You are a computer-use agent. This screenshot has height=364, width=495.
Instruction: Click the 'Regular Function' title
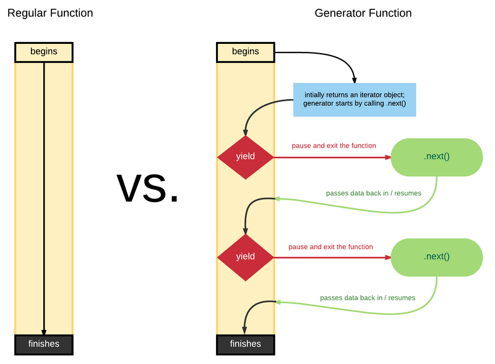pos(50,13)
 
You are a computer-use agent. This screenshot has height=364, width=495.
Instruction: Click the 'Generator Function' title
pos(363,13)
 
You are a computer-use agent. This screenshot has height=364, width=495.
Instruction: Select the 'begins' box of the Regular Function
pos(43,52)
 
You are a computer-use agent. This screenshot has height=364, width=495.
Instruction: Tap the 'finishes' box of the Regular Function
pos(43,344)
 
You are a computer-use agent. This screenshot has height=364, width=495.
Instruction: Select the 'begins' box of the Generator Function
pos(245,52)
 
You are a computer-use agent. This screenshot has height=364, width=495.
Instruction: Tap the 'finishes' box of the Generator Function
pos(245,344)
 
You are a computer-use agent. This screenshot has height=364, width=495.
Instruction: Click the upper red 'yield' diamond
pos(245,157)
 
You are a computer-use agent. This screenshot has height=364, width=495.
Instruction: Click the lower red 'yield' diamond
pos(245,256)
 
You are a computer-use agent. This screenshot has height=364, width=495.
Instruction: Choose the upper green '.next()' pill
pos(436,157)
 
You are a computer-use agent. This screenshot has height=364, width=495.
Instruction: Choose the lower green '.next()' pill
pos(436,256)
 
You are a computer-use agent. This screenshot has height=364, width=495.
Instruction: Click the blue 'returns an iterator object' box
pos(355,99)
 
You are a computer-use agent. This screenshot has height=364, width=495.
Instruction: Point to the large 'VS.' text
pos(148,188)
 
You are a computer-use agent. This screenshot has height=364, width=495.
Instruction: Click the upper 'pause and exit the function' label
pos(334,146)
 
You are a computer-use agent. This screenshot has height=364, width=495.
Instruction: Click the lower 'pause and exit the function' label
pos(330,247)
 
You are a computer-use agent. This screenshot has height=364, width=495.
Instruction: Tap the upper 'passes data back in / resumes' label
pos(373,193)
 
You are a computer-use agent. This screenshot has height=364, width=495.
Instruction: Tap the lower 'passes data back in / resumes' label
pos(368,297)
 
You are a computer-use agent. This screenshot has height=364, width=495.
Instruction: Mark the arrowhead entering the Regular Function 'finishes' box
pos(44,331)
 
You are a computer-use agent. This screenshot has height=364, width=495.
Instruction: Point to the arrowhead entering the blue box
pos(355,80)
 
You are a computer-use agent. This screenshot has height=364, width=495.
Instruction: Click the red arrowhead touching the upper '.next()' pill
pos(387,157)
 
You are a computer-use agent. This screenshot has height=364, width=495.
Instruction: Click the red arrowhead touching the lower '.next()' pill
pos(387,256)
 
